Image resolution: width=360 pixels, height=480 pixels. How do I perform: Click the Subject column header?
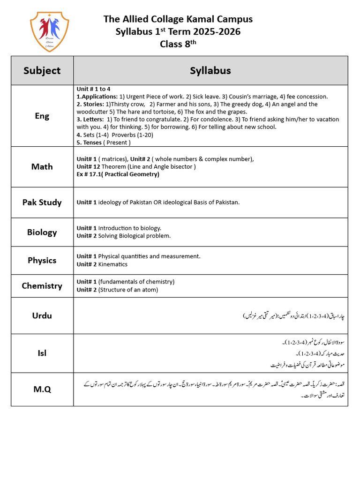[x=42, y=70]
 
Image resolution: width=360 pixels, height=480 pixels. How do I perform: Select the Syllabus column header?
[x=210, y=70]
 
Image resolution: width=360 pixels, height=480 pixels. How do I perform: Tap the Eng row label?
[x=42, y=116]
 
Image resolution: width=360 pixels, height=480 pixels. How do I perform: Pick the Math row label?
[x=42, y=166]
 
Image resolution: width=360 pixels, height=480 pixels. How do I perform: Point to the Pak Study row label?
[x=42, y=202]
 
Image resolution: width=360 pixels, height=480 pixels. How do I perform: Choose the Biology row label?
[x=42, y=232]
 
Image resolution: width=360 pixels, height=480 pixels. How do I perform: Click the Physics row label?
[x=42, y=260]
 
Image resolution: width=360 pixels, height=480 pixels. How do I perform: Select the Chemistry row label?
[x=42, y=285]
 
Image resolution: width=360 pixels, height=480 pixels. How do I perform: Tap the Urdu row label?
[x=42, y=315]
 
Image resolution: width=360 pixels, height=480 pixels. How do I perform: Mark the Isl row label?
[x=42, y=353]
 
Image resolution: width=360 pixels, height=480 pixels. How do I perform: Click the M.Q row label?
[x=42, y=389]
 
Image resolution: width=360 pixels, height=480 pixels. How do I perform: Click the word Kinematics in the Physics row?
[x=112, y=264]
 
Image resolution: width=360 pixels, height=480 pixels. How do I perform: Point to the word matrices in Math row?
[x=115, y=159]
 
